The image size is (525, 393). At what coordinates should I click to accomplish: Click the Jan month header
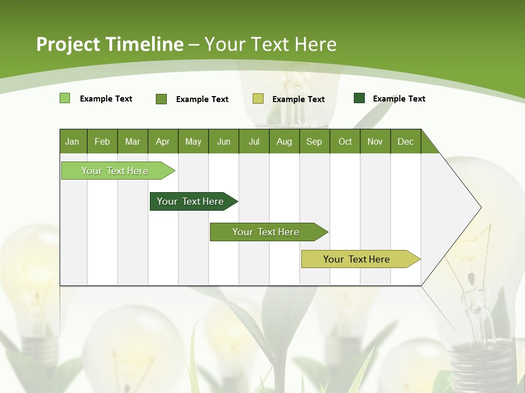(72, 141)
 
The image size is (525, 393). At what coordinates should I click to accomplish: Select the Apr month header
(162, 141)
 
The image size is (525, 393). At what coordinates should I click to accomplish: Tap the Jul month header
(254, 141)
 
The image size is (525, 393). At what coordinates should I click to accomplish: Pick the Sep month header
(314, 141)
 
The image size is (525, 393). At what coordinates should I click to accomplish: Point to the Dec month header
(405, 141)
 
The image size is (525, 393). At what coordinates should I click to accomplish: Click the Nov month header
(375, 141)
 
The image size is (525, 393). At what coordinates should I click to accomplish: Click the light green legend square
(65, 98)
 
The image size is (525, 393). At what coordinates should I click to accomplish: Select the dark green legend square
(359, 98)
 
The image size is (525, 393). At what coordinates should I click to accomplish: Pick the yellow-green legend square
(258, 99)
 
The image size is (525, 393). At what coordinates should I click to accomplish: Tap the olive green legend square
(161, 99)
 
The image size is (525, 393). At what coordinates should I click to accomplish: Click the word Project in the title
(68, 44)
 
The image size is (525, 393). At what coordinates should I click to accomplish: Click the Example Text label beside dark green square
(399, 99)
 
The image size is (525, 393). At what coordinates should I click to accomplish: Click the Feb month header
(102, 141)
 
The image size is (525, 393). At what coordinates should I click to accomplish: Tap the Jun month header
(224, 141)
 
